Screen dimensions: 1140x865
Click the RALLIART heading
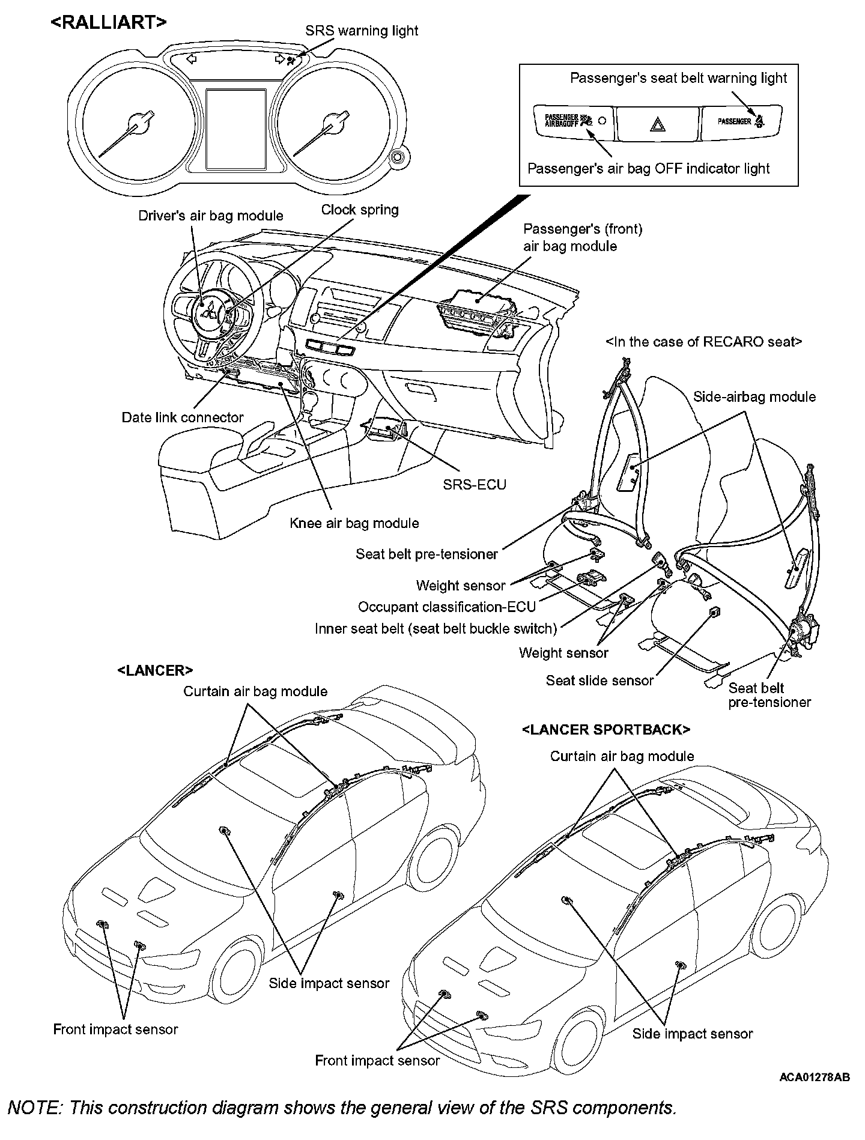pos(108,22)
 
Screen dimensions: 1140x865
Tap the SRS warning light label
pos(362,31)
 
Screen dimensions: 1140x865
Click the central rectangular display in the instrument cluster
pos(236,129)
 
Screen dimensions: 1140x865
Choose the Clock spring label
pos(360,210)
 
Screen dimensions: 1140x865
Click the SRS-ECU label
pos(475,484)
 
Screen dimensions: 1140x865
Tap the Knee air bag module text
pos(354,523)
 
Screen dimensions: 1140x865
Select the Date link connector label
pos(183,417)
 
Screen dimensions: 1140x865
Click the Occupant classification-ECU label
pos(446,607)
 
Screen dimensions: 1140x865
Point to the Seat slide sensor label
pos(599,681)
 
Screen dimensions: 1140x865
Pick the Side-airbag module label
pos(754,396)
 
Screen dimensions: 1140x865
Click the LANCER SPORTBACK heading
pos(606,730)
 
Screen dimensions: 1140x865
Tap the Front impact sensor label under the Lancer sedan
pos(115,1029)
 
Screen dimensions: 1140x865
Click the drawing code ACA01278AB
pos(815,1077)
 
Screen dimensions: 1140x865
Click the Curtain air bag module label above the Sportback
pos(622,756)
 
